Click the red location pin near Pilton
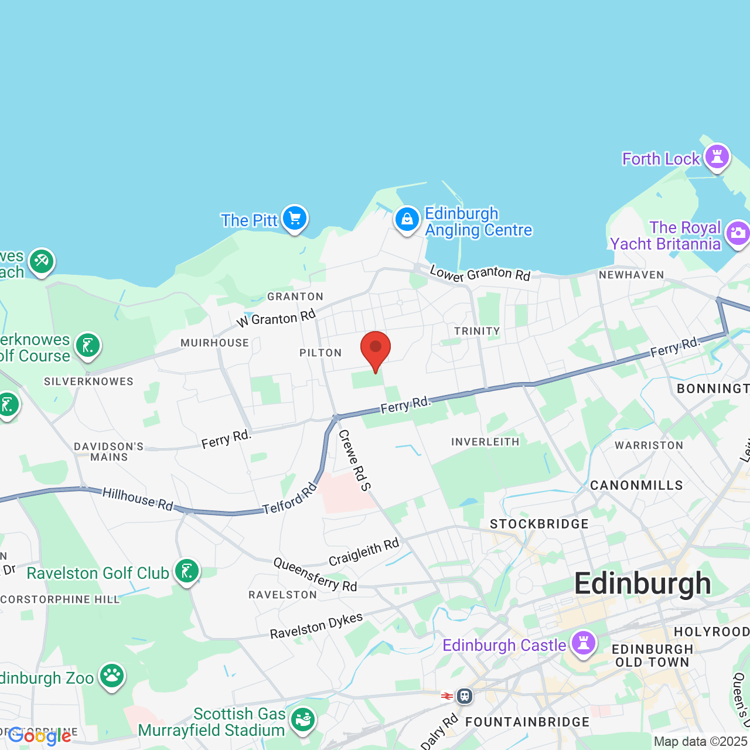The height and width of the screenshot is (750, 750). click(x=376, y=348)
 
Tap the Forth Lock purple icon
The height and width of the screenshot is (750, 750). click(x=717, y=157)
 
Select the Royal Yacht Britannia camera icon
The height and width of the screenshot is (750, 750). click(x=738, y=234)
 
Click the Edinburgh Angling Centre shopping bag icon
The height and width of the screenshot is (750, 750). click(x=407, y=220)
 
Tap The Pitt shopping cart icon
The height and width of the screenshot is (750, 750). click(x=295, y=219)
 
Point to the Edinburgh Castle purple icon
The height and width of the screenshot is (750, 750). click(x=583, y=643)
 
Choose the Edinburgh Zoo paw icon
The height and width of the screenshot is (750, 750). click(x=111, y=676)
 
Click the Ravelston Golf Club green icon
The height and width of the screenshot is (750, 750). click(x=187, y=571)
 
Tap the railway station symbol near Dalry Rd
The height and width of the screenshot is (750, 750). click(x=465, y=696)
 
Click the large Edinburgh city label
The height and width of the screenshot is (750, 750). click(x=642, y=584)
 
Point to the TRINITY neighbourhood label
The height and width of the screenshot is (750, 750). click(x=477, y=331)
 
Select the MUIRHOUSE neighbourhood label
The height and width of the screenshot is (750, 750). click(x=214, y=343)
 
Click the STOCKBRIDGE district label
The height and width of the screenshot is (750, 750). click(x=539, y=524)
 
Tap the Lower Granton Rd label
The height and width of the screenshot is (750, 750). click(x=480, y=274)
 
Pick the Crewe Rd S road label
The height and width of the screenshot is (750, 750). click(x=354, y=460)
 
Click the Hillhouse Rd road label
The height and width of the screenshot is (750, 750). click(x=138, y=499)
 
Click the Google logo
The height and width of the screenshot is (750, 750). click(x=39, y=736)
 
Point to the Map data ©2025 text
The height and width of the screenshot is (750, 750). click(x=701, y=741)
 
